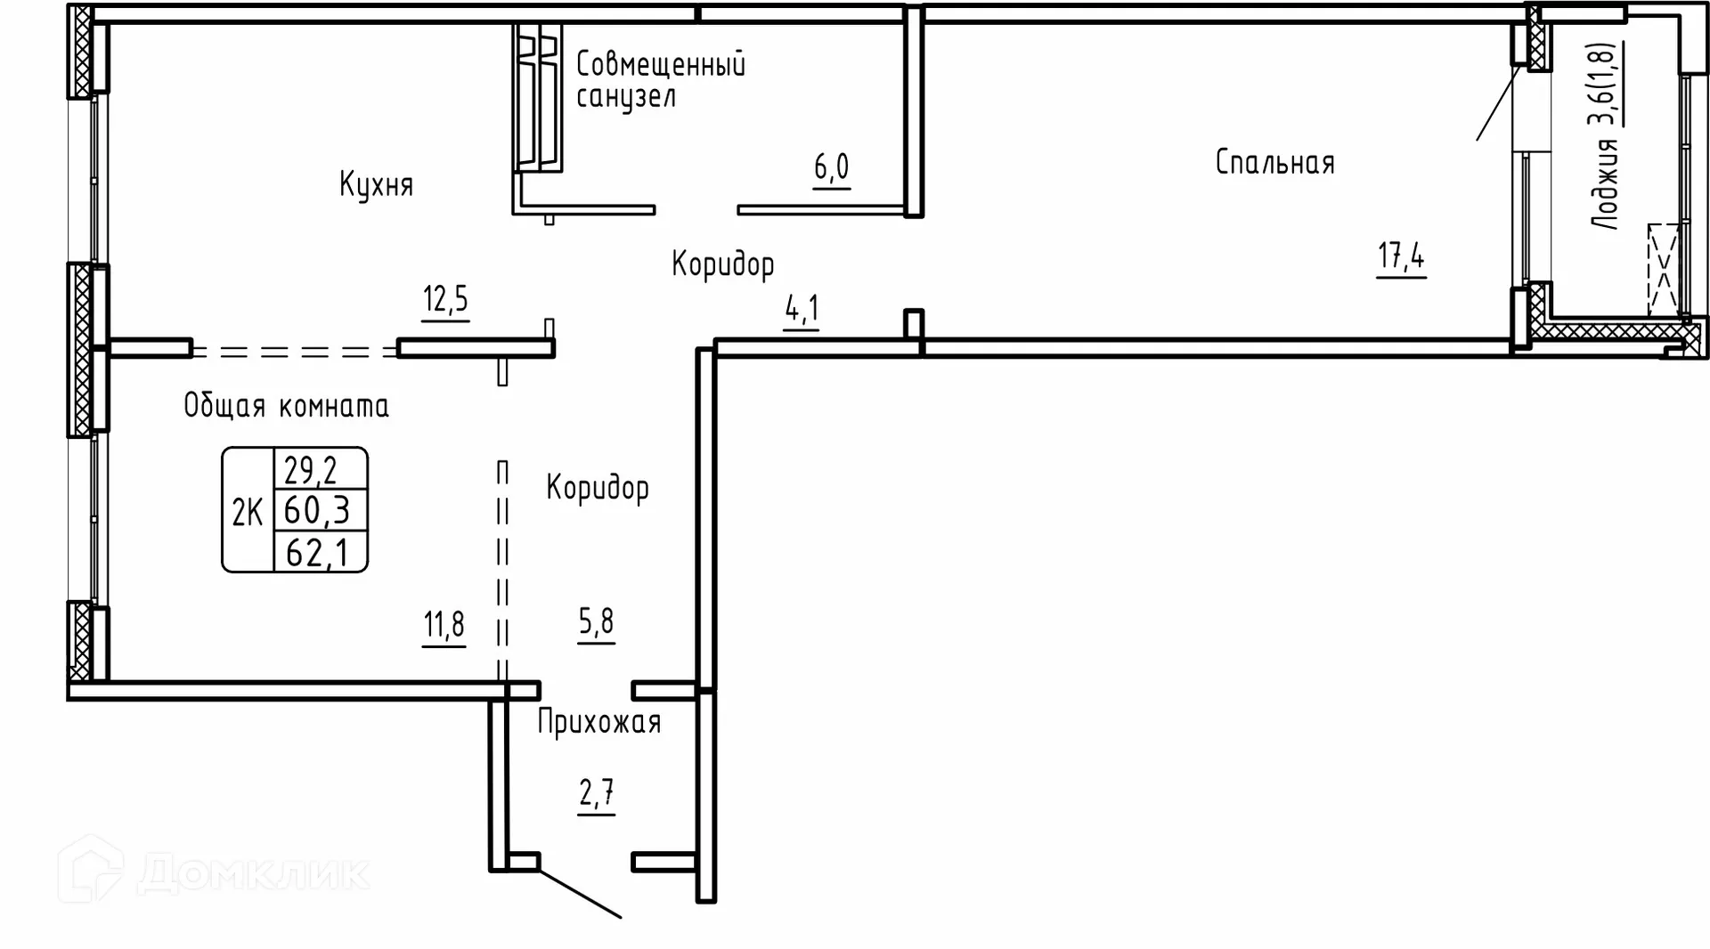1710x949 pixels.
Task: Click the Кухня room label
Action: pyautogui.click(x=376, y=185)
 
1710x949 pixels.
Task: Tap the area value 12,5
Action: pyautogui.click(x=445, y=300)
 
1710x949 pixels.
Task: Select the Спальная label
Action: pyautogui.click(x=1274, y=163)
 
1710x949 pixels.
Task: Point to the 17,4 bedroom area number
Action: pyautogui.click(x=1401, y=257)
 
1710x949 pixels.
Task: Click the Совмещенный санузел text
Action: pyautogui.click(x=660, y=80)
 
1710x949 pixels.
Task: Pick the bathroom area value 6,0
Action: pyautogui.click(x=831, y=167)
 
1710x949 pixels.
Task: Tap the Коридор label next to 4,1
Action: pyautogui.click(x=722, y=264)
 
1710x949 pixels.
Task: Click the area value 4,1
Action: pyautogui.click(x=802, y=310)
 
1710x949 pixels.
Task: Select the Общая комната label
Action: pyautogui.click(x=286, y=406)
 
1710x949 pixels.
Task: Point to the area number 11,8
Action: pyautogui.click(x=444, y=625)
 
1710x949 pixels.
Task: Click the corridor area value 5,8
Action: pyautogui.click(x=596, y=621)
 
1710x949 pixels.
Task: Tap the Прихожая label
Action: pyautogui.click(x=598, y=722)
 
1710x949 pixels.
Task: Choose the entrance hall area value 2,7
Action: pyautogui.click(x=596, y=792)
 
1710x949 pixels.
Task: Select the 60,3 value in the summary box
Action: pyautogui.click(x=317, y=511)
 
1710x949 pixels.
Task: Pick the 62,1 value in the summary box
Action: pyautogui.click(x=316, y=553)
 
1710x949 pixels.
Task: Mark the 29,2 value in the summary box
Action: pyautogui.click(x=310, y=468)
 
